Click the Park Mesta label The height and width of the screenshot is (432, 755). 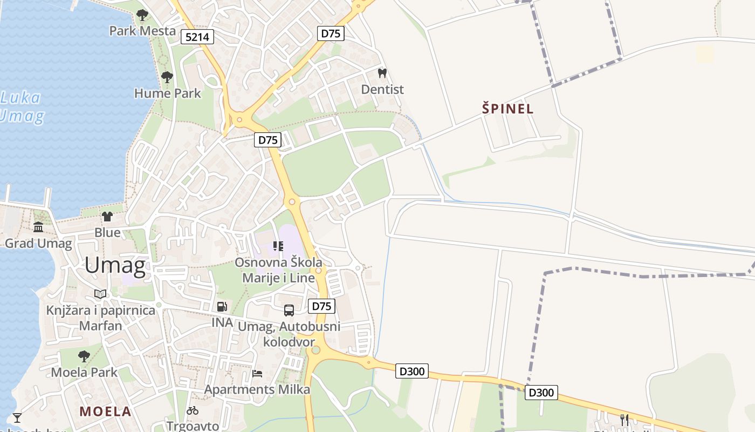[x=142, y=31]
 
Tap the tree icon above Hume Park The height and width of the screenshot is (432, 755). [x=167, y=77]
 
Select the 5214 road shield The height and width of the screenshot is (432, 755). [x=198, y=37]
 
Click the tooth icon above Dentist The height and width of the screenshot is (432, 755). [x=382, y=73]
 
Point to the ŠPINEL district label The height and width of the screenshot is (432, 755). [x=507, y=109]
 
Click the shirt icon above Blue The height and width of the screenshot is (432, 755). [x=107, y=217]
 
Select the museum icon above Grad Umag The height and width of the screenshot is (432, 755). [x=38, y=227]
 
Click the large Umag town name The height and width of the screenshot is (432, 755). [x=115, y=266]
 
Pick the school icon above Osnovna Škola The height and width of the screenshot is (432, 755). [x=278, y=246]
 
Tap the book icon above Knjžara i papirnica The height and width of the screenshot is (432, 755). [x=100, y=294]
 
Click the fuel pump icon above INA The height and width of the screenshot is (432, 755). [x=222, y=307]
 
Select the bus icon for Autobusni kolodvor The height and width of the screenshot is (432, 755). [x=289, y=310]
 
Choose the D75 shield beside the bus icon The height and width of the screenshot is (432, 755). [x=321, y=307]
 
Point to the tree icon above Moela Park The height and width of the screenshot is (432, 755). [x=84, y=356]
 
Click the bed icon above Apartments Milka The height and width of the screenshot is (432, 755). [x=257, y=374]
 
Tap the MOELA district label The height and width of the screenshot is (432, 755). [x=105, y=411]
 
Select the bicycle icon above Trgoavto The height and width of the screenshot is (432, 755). [x=193, y=410]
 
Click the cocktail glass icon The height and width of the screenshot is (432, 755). [x=17, y=417]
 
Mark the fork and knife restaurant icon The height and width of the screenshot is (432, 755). [x=624, y=420]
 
